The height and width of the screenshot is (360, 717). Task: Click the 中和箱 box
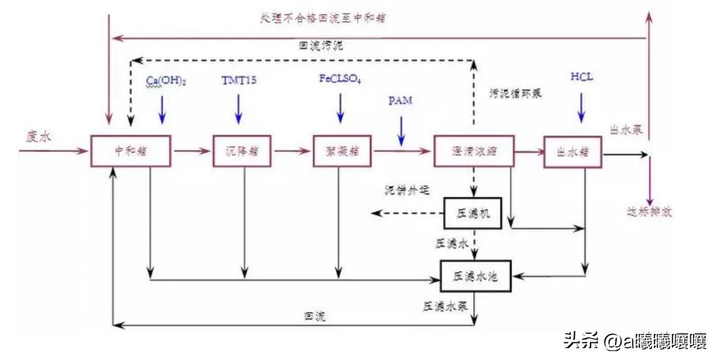point(130,150)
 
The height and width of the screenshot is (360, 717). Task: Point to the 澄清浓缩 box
point(474,151)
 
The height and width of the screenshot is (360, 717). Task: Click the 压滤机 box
point(474,212)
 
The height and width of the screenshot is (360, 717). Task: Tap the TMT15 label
point(239,80)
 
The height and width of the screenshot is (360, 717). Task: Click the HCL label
point(581,76)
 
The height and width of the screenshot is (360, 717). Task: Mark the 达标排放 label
point(648,212)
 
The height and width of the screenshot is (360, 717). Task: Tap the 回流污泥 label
point(321,47)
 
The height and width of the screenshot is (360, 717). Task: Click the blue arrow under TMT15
point(238,109)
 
